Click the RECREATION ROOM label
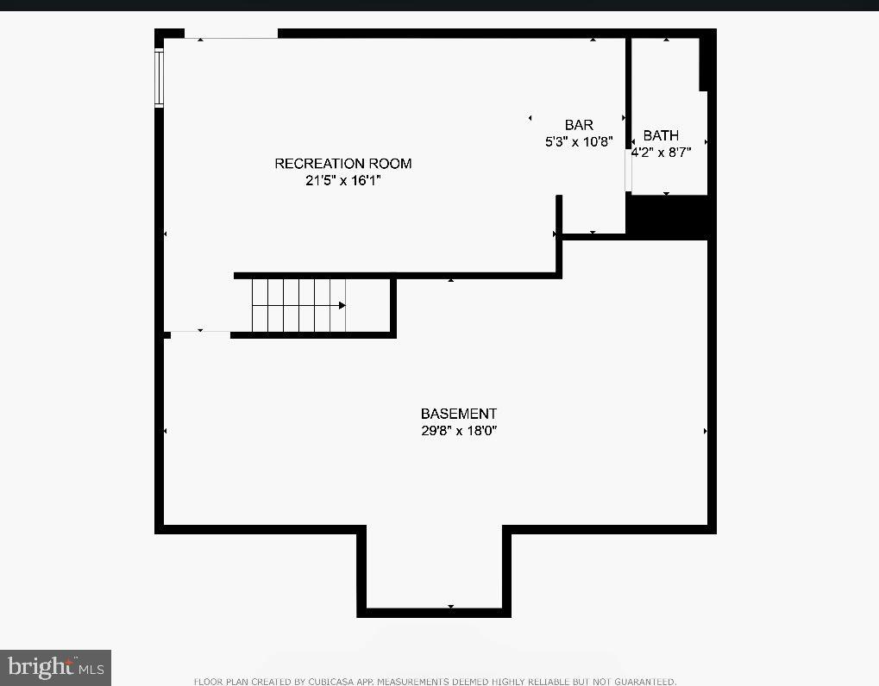pos(342,164)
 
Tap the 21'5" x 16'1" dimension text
pos(342,181)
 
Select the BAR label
pos(579,126)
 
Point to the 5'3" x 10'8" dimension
pos(579,142)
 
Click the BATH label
pos(661,135)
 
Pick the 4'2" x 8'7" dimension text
pos(661,153)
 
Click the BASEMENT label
pos(458,414)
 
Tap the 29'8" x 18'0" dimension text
pos(458,431)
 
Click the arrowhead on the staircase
pos(342,305)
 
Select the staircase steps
pos(298,305)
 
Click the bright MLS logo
pos(55,667)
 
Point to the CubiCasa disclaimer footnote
pos(435,681)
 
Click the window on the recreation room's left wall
pos(159,78)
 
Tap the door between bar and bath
pos(628,172)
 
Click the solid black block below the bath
pos(669,216)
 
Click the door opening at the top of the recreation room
pos(231,35)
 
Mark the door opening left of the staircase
pos(199,332)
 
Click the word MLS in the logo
pos(91,669)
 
